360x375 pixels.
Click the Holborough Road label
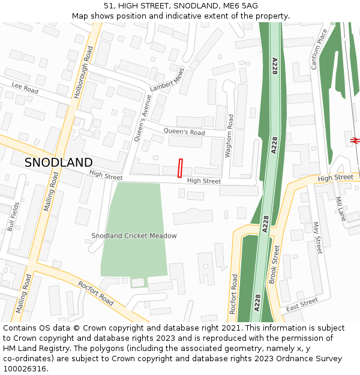(x=82, y=73)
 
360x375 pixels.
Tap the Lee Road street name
(x=25, y=87)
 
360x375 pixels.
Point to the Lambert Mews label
(x=167, y=79)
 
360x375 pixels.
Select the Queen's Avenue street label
(x=143, y=118)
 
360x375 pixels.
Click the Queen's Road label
(x=184, y=131)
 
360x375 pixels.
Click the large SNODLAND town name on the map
(x=59, y=163)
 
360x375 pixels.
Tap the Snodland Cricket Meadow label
(x=134, y=236)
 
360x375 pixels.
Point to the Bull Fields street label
(x=13, y=217)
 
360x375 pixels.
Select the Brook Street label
(x=274, y=264)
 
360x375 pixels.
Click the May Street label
(x=317, y=238)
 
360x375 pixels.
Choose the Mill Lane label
(x=341, y=209)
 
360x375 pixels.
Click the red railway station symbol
(x=355, y=140)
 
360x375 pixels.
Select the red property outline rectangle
(x=180, y=168)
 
